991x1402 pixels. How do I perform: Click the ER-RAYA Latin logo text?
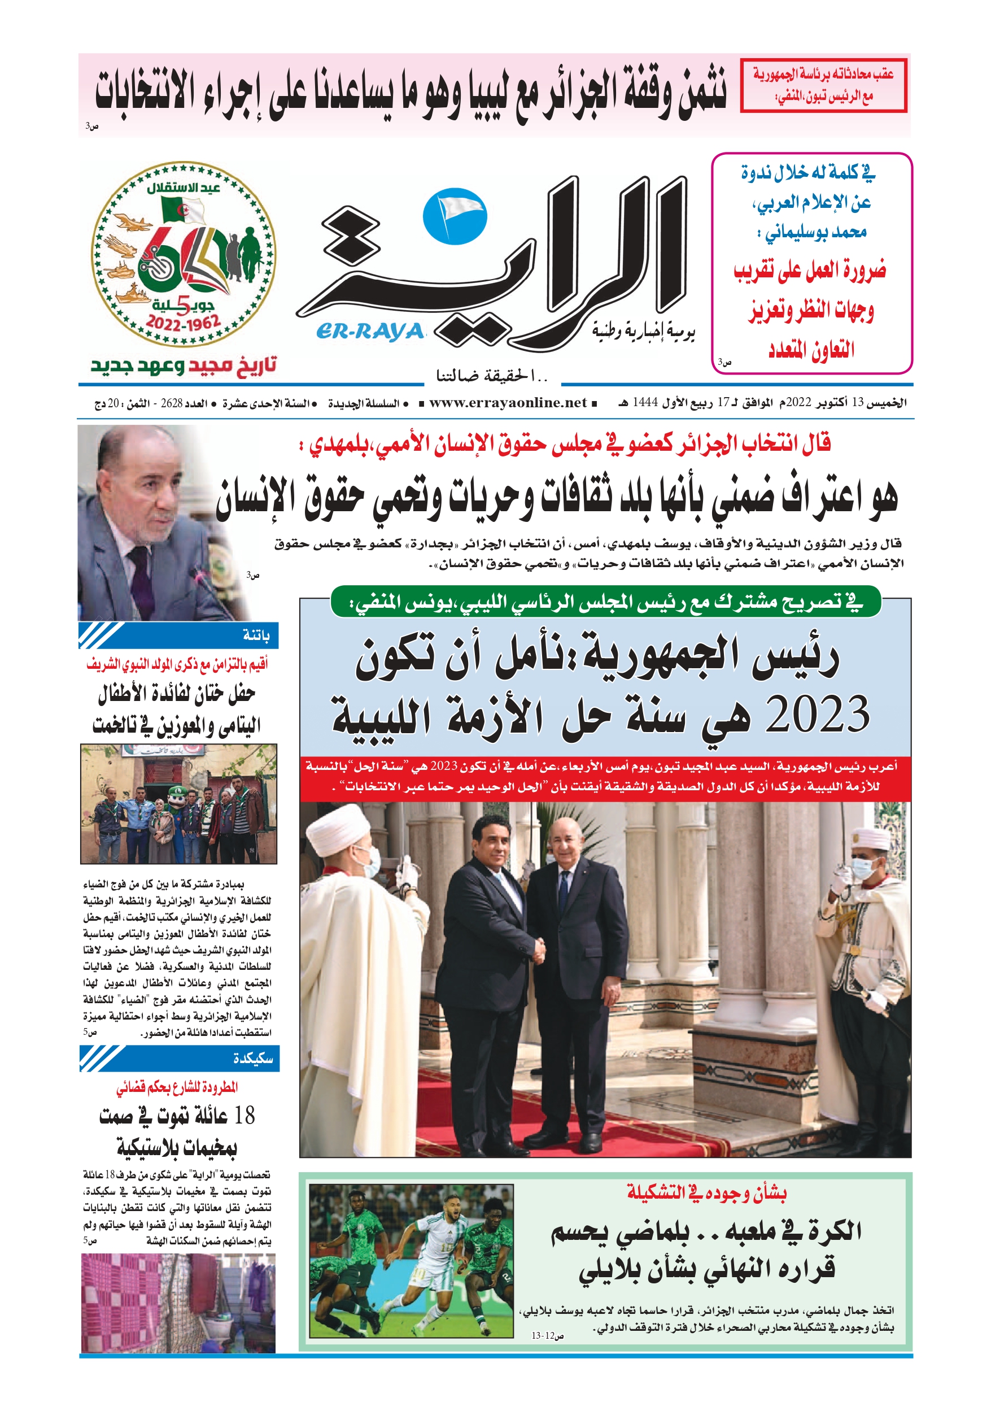tap(370, 331)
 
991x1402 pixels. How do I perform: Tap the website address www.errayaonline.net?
tap(508, 402)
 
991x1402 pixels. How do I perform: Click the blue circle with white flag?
tap(455, 217)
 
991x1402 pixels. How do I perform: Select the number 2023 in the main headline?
tap(817, 714)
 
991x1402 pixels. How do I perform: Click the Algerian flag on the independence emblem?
tap(182, 210)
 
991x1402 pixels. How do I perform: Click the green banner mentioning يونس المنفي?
tap(605, 602)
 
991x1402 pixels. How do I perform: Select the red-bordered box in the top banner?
tap(823, 85)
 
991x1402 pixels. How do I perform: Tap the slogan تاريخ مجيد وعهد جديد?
tap(184, 365)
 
